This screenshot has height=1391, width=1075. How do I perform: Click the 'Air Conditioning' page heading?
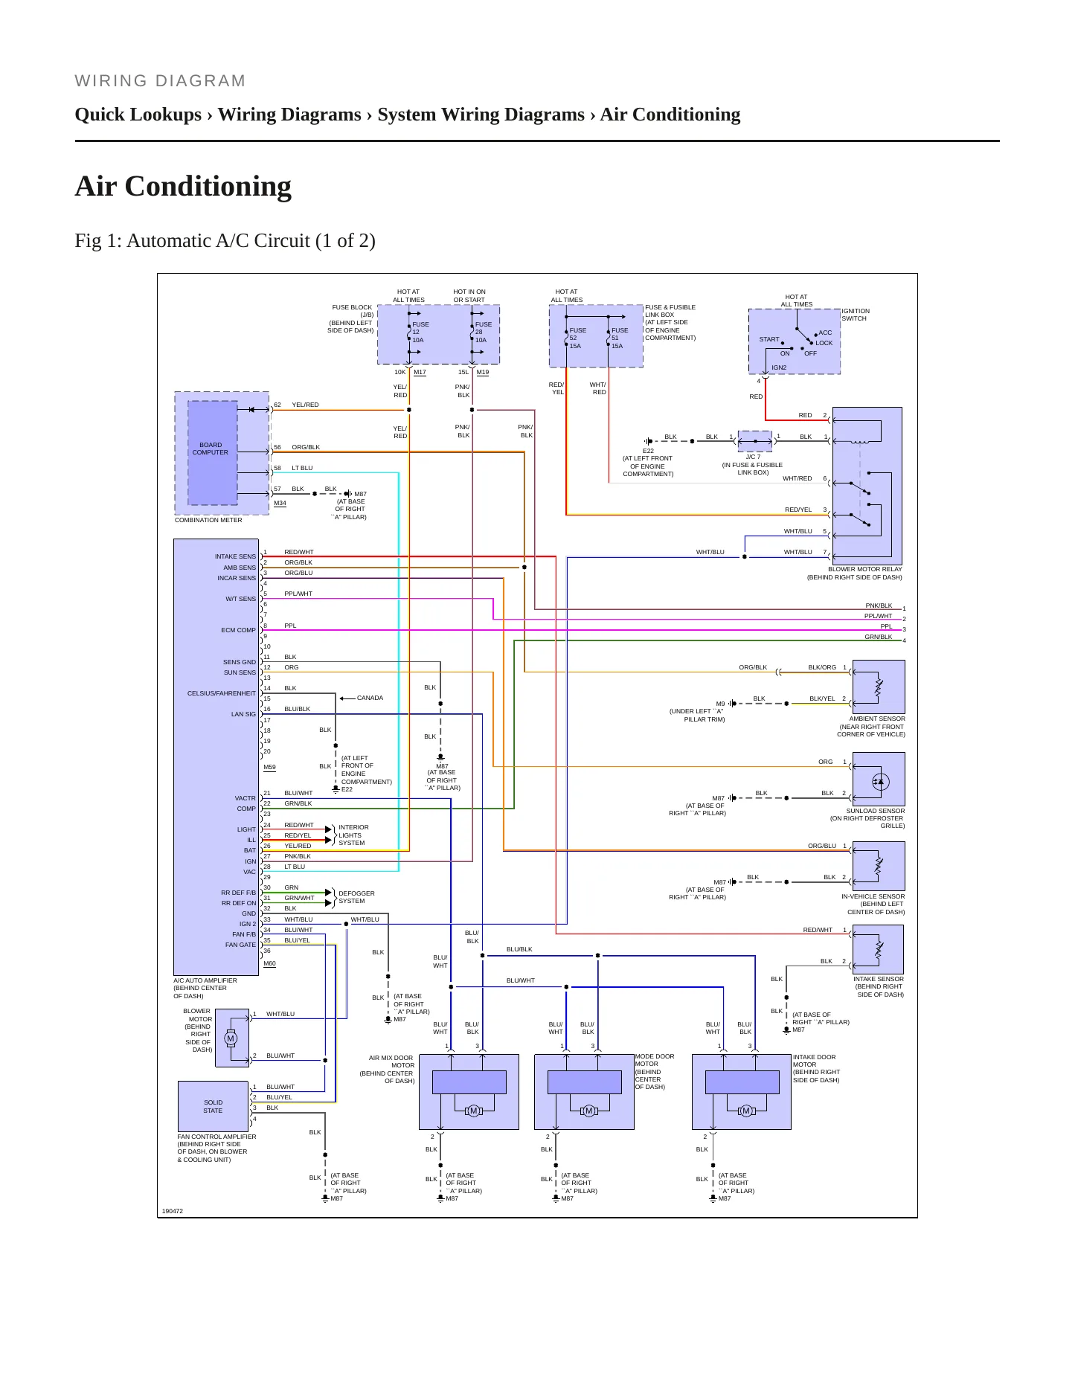coord(183,186)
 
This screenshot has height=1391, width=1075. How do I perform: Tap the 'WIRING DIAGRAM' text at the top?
coord(160,81)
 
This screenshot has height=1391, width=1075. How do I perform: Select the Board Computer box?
coord(213,452)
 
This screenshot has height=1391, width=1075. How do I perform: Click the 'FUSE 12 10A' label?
coord(420,333)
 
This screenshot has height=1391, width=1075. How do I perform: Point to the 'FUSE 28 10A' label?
coord(484,333)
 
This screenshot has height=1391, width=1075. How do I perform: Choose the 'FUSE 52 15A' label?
coord(578,338)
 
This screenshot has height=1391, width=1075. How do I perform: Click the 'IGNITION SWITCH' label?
coord(856,315)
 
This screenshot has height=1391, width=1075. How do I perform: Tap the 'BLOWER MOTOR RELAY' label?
coord(864,569)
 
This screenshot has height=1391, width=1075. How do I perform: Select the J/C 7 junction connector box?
coord(754,441)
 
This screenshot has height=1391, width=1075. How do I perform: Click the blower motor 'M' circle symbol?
coord(231,1038)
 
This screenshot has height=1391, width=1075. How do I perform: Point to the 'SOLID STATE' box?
coord(213,1106)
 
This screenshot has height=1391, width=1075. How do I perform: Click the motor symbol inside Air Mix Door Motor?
coord(474,1111)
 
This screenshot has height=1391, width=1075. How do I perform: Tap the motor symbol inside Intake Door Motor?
coord(746,1111)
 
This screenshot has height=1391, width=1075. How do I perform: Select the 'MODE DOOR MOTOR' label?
coord(655,1071)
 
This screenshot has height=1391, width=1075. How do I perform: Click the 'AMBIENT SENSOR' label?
coord(877,719)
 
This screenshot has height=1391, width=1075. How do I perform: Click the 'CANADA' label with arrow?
coord(362,698)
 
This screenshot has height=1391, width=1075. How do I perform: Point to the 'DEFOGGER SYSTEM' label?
coord(356,897)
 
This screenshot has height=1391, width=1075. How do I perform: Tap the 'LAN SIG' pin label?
coord(243,714)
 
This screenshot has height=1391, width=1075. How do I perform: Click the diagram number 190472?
coord(173,1211)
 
